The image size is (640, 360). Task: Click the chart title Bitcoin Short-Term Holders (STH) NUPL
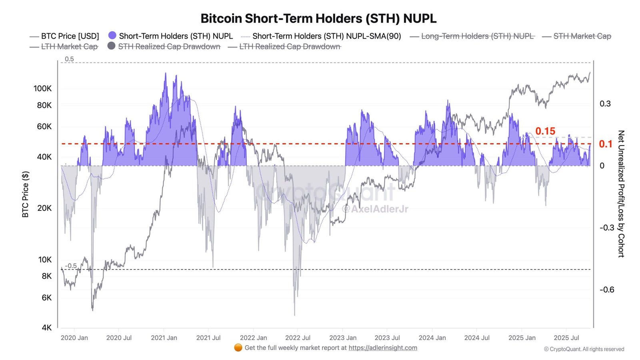[x=318, y=18]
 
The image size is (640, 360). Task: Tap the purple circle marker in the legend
[x=112, y=36]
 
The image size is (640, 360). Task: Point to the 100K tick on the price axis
[x=42, y=88]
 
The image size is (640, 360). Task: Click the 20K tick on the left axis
[x=44, y=208]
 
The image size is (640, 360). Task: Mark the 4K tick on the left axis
[x=46, y=328]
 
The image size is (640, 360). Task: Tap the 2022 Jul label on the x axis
[x=298, y=338]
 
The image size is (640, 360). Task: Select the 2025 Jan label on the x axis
[x=522, y=338]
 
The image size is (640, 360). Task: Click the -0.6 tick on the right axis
[x=606, y=290]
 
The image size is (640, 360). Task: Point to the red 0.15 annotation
[x=545, y=131]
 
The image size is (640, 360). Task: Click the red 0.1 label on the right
[x=605, y=144]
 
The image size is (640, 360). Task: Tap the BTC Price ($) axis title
[x=26, y=194]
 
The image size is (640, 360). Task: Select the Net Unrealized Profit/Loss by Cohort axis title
[x=621, y=194]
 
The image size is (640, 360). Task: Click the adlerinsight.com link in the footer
[x=382, y=348]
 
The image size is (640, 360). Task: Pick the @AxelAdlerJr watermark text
[x=375, y=209]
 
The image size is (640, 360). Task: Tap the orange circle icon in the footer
[x=238, y=348]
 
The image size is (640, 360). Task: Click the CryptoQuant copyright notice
[x=584, y=349]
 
